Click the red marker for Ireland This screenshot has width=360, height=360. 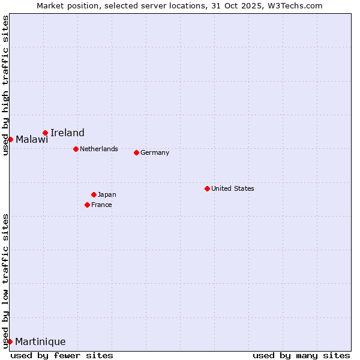(x=45, y=133)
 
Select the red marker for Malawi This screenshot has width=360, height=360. (x=10, y=139)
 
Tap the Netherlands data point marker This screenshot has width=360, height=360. (x=76, y=149)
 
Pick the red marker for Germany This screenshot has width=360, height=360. (x=136, y=152)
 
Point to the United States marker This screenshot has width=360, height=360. (x=207, y=188)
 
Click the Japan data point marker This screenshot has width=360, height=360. (x=94, y=194)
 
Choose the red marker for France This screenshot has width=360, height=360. (x=87, y=205)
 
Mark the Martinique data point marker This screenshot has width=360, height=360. (x=10, y=341)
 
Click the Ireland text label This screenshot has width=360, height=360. (x=67, y=133)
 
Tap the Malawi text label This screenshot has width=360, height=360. (x=32, y=140)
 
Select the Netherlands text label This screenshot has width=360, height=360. (x=99, y=149)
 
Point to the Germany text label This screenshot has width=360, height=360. (x=155, y=152)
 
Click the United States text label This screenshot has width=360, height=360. (x=233, y=188)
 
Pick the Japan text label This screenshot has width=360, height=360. (x=107, y=194)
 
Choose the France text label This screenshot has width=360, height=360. (x=101, y=205)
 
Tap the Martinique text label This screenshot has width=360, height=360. (x=40, y=342)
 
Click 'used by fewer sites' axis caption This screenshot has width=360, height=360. (x=62, y=355)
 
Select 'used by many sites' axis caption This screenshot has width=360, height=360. (x=301, y=355)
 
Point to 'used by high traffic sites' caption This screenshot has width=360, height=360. (x=5, y=85)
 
